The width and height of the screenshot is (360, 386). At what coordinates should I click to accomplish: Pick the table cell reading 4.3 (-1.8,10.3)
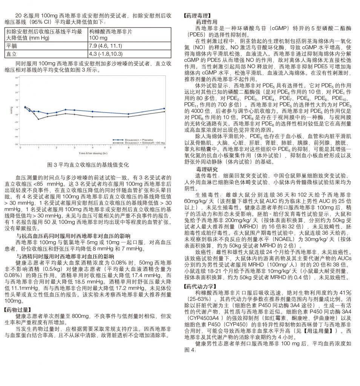pos(105,54)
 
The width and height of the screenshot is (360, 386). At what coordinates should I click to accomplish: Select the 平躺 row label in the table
pos(12,46)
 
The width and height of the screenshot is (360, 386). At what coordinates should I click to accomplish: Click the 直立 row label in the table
pos(12,54)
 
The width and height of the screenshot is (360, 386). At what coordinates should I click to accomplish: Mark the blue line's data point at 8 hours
pos(164,109)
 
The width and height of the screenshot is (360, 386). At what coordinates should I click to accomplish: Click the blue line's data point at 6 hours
pos(129,114)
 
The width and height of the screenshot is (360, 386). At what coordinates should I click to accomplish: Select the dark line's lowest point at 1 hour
pos(38,119)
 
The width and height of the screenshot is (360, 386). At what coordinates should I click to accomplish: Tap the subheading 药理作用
pos(207,22)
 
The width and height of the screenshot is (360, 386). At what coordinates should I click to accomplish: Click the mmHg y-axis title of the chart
pos(12,110)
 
